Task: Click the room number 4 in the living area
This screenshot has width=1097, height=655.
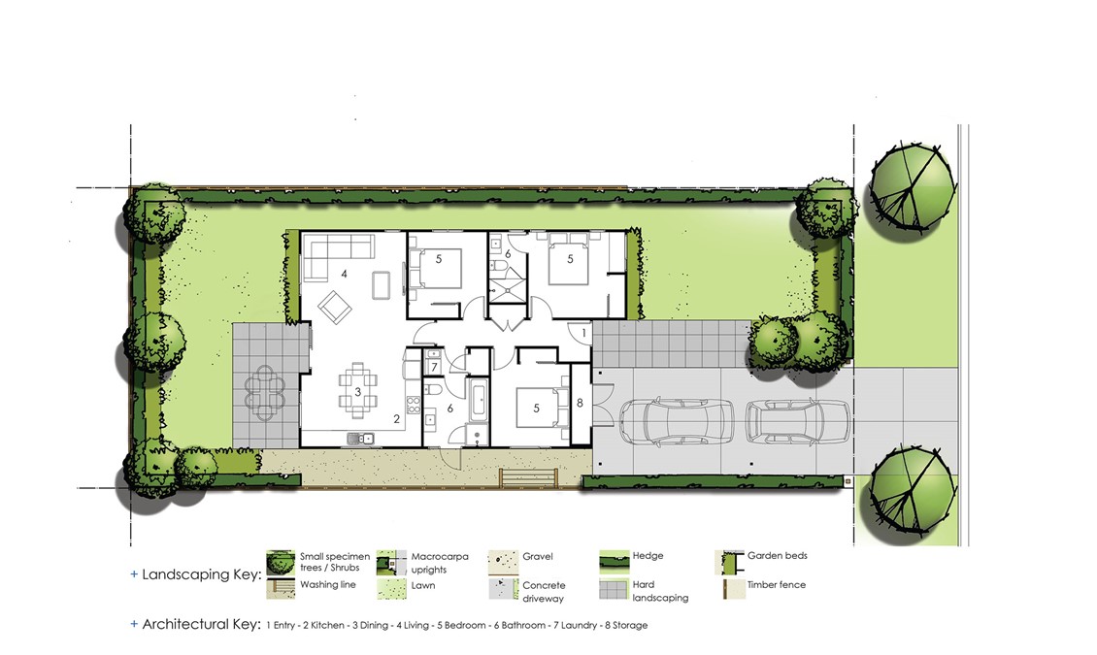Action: pyautogui.click(x=344, y=274)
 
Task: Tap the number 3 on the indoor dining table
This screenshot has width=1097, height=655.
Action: pyautogui.click(x=357, y=391)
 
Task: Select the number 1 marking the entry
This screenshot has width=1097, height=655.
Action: pyautogui.click(x=583, y=334)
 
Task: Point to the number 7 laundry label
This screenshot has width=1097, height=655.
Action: pyautogui.click(x=434, y=367)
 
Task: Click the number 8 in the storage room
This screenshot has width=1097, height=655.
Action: pyautogui.click(x=580, y=403)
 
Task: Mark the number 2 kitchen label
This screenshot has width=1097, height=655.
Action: pyautogui.click(x=397, y=419)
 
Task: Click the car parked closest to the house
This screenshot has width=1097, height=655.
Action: pyautogui.click(x=676, y=421)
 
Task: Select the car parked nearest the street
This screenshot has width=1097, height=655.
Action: pyautogui.click(x=798, y=421)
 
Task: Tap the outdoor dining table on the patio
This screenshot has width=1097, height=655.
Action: pyautogui.click(x=265, y=393)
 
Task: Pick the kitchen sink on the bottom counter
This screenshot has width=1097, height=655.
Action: pyautogui.click(x=360, y=439)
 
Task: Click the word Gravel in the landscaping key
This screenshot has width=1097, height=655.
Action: pyautogui.click(x=537, y=556)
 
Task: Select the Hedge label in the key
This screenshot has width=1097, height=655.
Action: pyautogui.click(x=648, y=556)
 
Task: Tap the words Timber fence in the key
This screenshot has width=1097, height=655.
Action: pyautogui.click(x=776, y=584)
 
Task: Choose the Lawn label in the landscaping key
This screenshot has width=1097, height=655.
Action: pyautogui.click(x=422, y=585)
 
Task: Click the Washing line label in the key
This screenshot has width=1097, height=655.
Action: pyautogui.click(x=328, y=584)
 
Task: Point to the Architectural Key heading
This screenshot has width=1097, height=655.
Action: pyautogui.click(x=202, y=624)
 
